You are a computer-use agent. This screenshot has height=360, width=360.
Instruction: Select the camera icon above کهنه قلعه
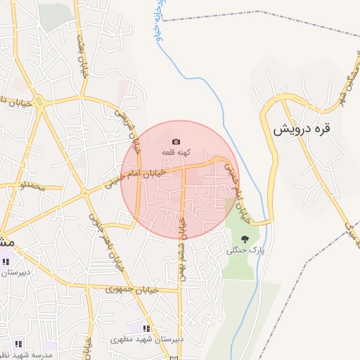point(176,142)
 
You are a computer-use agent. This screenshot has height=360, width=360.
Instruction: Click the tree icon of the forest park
point(245,240)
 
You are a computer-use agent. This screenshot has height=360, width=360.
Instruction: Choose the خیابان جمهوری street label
point(132,289)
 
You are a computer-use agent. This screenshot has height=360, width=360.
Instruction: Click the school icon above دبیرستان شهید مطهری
point(147,328)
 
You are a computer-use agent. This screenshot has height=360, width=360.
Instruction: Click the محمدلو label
point(32,187)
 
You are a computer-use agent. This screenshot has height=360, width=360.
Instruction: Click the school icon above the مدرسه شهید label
point(18,345)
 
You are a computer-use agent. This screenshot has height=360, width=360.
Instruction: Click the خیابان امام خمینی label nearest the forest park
point(238,191)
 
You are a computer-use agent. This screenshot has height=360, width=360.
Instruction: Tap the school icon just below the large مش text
point(6,262)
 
